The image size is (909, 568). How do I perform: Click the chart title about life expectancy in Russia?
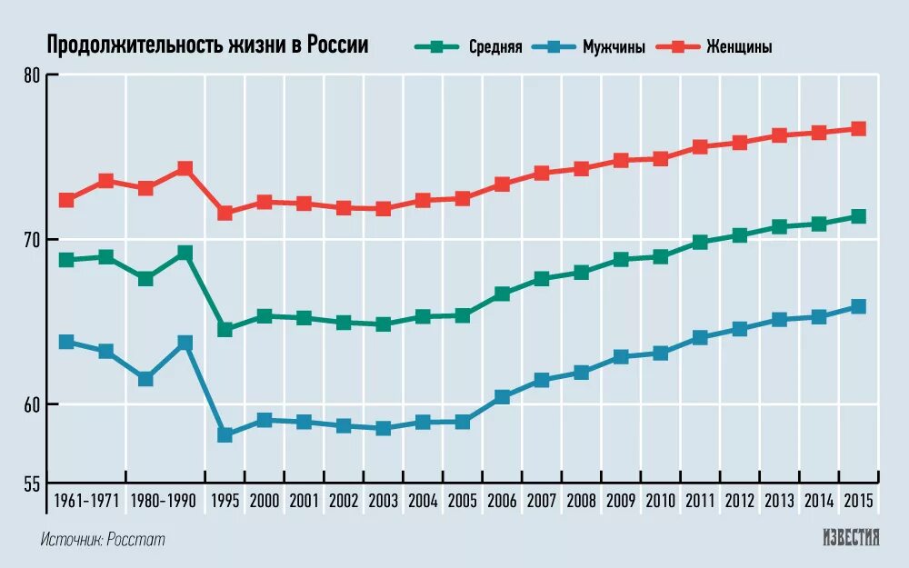[x=207, y=45]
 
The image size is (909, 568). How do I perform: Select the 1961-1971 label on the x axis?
[x=85, y=501]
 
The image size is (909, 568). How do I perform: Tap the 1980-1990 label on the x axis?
[x=165, y=501]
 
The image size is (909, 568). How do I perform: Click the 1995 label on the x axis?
[x=225, y=501]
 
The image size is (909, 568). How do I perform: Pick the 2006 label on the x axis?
[x=502, y=501]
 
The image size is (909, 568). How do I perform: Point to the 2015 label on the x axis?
[x=857, y=501]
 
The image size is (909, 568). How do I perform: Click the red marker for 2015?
[x=858, y=128]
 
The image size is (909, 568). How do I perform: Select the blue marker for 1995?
[x=225, y=435]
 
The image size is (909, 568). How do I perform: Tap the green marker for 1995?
[x=225, y=329]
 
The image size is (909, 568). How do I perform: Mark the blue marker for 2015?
[x=858, y=306]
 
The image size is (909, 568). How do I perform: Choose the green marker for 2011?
[x=700, y=242]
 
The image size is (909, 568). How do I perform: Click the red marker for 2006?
[x=502, y=184]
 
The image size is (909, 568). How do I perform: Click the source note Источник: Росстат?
[x=103, y=539]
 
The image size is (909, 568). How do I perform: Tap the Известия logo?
[x=851, y=538]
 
